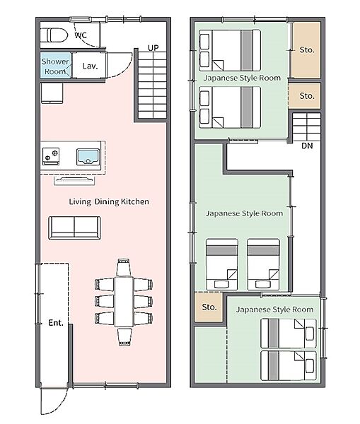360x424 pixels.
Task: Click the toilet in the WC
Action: pyautogui.click(x=54, y=35)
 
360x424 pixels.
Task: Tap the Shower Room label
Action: pyautogui.click(x=55, y=66)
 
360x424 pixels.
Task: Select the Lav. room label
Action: pyautogui.click(x=90, y=66)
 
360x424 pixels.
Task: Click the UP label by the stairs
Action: pyautogui.click(x=153, y=48)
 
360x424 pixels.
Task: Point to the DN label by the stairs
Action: pyautogui.click(x=307, y=146)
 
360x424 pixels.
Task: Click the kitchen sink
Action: pyautogui.click(x=88, y=157)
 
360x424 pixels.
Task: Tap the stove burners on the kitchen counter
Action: pyautogui.click(x=51, y=156)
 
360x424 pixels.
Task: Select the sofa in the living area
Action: pyautogui.click(x=74, y=228)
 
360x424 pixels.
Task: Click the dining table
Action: pyautogui.click(x=124, y=302)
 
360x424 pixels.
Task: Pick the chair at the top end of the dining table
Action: pyautogui.click(x=124, y=267)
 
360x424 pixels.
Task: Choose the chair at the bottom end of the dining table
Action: pyautogui.click(x=124, y=336)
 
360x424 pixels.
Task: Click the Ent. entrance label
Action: pyautogui.click(x=56, y=322)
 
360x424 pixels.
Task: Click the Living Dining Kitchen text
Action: pyautogui.click(x=109, y=201)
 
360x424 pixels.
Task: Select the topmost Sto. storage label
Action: pyautogui.click(x=307, y=49)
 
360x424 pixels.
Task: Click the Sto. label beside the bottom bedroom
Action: pyautogui.click(x=209, y=307)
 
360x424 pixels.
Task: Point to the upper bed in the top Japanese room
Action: pyautogui.click(x=230, y=50)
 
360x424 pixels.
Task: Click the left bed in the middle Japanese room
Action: pyautogui.click(x=222, y=264)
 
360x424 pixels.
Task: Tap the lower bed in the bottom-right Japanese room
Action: pyautogui.click(x=289, y=365)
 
